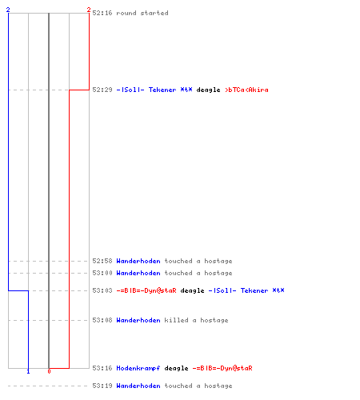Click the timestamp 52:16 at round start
pyautogui.click(x=102, y=13)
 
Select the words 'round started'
pyautogui.click(x=142, y=13)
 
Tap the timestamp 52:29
pyautogui.click(x=102, y=90)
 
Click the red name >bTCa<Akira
pyautogui.click(x=246, y=90)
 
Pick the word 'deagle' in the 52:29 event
pyautogui.click(x=208, y=90)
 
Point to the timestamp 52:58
pyautogui.click(x=102, y=261)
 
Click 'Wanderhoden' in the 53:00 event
pyautogui.click(x=138, y=273)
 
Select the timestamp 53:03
pyautogui.click(x=102, y=290)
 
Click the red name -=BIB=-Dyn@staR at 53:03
pyautogui.click(x=146, y=290)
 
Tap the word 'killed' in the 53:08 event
pyautogui.click(x=176, y=320)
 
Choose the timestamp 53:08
pyautogui.click(x=102, y=320)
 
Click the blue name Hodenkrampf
pyautogui.click(x=138, y=368)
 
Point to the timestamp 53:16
pyautogui.click(x=102, y=368)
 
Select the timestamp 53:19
pyautogui.click(x=102, y=386)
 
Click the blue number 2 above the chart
pyautogui.click(x=8, y=10)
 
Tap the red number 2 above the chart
pyautogui.click(x=89, y=10)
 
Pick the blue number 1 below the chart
pyautogui.click(x=28, y=371)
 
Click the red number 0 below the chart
pyautogui.click(x=49, y=371)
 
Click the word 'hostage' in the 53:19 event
pyautogui.click(x=218, y=386)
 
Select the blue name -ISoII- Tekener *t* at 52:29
pyautogui.click(x=154, y=90)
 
